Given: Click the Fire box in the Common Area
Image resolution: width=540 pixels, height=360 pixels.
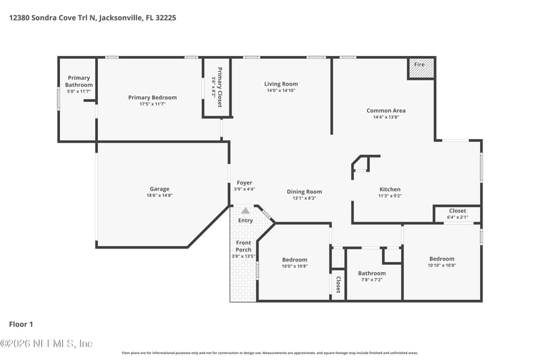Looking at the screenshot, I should point(420,68).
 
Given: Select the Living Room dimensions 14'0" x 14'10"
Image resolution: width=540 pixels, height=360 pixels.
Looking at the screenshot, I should point(280,91).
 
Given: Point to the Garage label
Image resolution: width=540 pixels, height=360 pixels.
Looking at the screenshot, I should point(159,188).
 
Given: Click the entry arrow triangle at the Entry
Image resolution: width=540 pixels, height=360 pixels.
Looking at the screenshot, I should point(245,211).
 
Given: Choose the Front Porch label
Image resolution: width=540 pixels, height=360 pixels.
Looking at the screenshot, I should point(243,246).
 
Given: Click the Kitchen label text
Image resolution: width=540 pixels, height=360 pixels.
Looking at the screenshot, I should point(389,189).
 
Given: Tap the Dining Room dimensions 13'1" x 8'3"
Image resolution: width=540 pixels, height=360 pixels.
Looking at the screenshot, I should point(304,199).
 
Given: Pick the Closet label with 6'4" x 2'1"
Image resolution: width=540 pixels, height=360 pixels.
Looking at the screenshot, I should point(457,211).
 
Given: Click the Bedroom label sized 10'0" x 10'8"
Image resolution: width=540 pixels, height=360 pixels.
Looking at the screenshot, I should point(294,259).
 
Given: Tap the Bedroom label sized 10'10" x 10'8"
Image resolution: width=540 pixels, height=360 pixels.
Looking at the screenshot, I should point(441,259).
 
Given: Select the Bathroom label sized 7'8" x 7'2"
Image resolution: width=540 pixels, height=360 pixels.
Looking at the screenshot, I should point(371,273).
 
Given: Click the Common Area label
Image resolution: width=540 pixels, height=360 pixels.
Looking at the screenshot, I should point(385,110).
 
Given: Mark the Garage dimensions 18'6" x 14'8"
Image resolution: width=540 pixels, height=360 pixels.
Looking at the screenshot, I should point(159,196).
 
